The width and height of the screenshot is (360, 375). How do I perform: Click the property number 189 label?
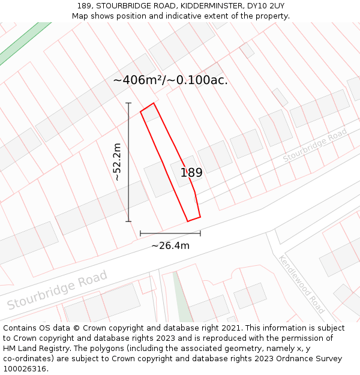[x=191, y=173]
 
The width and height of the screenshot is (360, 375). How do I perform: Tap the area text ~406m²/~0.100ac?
[x=170, y=80]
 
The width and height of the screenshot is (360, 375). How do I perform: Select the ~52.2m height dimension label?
[x=118, y=162]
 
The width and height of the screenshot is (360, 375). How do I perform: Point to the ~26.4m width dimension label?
[x=170, y=245]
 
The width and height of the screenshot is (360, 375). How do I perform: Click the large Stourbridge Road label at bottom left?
[x=57, y=290]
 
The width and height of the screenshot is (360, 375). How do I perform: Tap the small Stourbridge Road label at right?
[x=315, y=145]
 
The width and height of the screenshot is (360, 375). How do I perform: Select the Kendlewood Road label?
[x=302, y=284]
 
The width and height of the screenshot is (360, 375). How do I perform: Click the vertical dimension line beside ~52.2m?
[x=128, y=162]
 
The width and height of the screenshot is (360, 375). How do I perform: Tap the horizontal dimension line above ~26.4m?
[x=170, y=233]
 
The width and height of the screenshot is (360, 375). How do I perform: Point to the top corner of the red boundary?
[x=154, y=103]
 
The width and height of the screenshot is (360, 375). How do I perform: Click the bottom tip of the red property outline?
[x=188, y=221]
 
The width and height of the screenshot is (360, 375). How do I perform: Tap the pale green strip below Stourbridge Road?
[x=183, y=300]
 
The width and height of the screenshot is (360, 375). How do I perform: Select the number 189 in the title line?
[x=85, y=6]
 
